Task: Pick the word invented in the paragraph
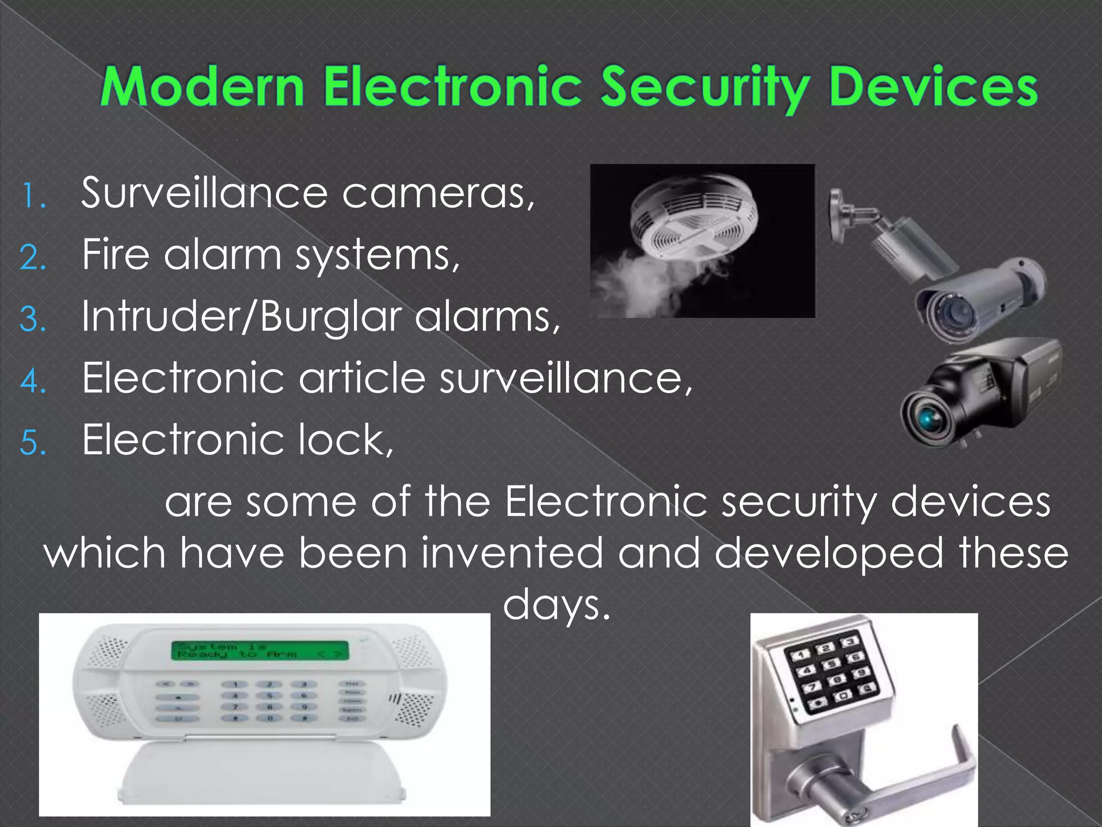pyautogui.click(x=511, y=553)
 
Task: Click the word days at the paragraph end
pyautogui.click(x=556, y=604)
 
